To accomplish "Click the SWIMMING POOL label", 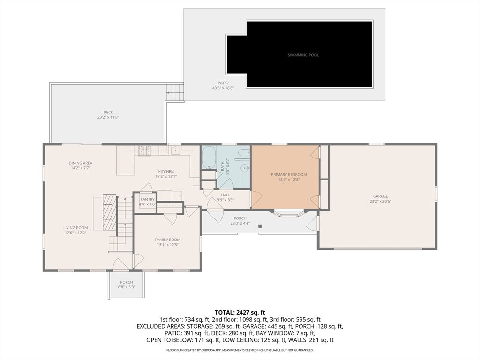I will [x=303, y=55].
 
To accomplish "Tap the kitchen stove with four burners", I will [x=144, y=150].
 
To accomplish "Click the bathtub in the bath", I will [x=209, y=158].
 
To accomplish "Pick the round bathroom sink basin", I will [x=244, y=168].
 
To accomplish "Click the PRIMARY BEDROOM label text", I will [x=289, y=174].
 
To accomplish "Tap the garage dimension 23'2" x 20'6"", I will [x=380, y=201].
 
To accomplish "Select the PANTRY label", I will [x=147, y=199].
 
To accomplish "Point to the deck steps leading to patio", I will [x=175, y=92].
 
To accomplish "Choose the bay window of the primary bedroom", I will [x=289, y=214].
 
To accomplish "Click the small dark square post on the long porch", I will [x=260, y=226].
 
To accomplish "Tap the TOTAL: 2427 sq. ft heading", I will [x=240, y=312].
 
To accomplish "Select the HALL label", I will [x=225, y=195].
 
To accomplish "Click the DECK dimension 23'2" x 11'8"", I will [x=108, y=117].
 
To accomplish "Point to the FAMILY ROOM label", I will [x=168, y=240].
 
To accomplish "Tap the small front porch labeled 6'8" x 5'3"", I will [x=127, y=285].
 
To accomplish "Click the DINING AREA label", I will [x=81, y=163].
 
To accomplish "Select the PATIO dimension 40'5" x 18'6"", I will [x=223, y=88].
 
